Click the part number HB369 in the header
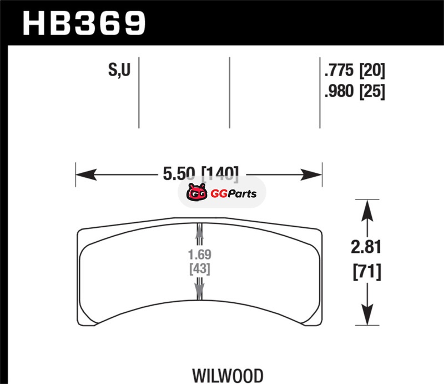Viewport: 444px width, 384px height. coord(84,23)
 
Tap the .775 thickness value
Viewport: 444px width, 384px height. coord(339,70)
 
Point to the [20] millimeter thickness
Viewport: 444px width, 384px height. coord(372,71)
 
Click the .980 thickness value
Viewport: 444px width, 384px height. coord(339,91)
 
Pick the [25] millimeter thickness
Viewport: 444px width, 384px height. coord(372,91)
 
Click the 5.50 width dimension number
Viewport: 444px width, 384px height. coord(179,173)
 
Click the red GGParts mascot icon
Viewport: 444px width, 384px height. coord(197,192)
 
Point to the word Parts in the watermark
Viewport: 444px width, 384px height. coord(242,194)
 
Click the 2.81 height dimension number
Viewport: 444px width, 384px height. coord(366,247)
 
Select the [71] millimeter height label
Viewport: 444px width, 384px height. coord(367,272)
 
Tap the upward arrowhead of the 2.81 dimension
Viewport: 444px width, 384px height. coord(367,211)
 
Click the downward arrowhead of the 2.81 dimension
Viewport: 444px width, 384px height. coord(367,315)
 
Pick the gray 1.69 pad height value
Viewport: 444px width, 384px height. coord(200,255)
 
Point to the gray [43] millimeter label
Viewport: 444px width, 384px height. coord(200,268)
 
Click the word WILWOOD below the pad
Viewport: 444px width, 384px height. coord(228,376)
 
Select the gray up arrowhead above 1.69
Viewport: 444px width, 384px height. coord(200,231)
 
